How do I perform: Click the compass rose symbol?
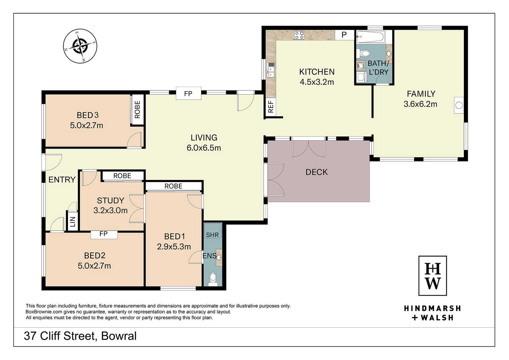point(80,46)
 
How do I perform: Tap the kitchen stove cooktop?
point(299,35)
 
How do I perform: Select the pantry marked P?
point(344,35)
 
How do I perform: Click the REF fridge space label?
point(271,107)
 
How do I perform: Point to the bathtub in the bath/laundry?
point(370,37)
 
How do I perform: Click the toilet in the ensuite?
point(213,279)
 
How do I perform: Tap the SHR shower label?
point(212,235)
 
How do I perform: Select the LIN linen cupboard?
point(72,222)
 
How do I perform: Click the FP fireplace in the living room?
point(188,94)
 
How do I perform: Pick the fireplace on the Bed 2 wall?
point(104,235)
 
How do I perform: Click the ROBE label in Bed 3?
point(137,109)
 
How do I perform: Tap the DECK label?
point(317,172)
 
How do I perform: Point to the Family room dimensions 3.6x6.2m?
point(420,104)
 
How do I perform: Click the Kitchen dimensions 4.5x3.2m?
point(317,82)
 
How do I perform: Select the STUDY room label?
point(111,200)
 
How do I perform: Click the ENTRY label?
point(62,180)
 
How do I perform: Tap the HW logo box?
point(433,276)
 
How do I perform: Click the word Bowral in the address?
point(119,336)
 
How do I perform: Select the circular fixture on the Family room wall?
point(459,105)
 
